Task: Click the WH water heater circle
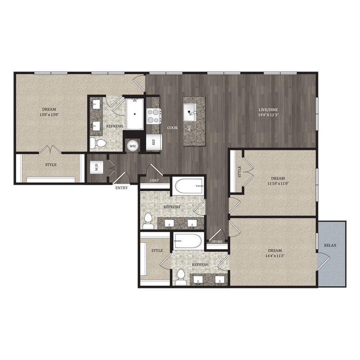[132, 146]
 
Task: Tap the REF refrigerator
[154, 142]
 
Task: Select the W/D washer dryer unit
[97, 167]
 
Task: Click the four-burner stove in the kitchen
[153, 116]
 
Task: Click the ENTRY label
[121, 188]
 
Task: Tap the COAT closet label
[154, 180]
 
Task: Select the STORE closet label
[217, 242]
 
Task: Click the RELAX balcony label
[330, 245]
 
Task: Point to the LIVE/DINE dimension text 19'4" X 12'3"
[268, 115]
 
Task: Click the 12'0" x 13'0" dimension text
[49, 114]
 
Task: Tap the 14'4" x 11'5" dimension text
[275, 256]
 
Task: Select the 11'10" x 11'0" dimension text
[278, 184]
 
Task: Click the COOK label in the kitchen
[172, 128]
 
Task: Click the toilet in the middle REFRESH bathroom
[148, 221]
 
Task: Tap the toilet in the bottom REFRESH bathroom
[181, 277]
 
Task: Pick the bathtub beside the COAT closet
[189, 186]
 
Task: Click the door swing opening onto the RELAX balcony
[323, 261]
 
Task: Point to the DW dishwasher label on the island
[189, 129]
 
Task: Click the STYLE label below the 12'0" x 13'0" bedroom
[51, 165]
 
